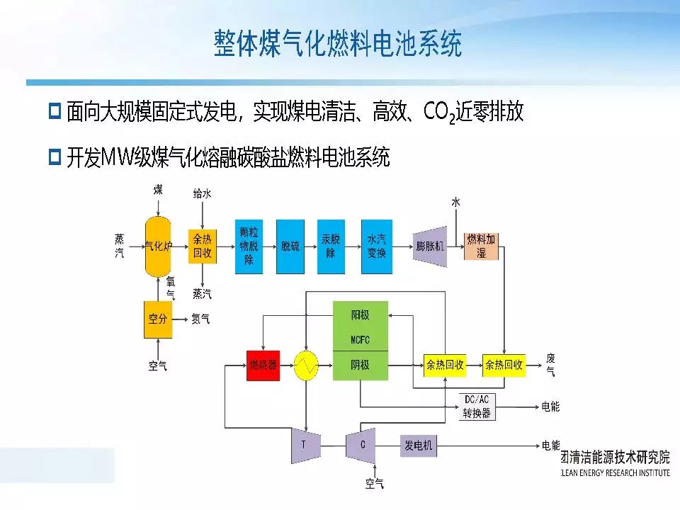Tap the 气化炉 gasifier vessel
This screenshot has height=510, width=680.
coord(159,246)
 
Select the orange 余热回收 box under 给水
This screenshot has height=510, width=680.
coord(203,246)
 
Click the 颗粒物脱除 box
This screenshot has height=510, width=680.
coord(249,246)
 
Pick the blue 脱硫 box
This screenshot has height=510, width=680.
coord(290,246)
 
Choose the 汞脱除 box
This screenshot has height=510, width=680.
coord(331,246)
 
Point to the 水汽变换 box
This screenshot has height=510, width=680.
coord(376,246)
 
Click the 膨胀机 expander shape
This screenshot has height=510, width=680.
coord(430,246)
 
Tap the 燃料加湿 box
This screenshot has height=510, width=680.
coord(482,246)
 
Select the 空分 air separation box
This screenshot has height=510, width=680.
coord(157,319)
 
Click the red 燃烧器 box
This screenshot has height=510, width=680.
coord(263,365)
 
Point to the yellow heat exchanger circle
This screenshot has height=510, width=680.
coord(307,365)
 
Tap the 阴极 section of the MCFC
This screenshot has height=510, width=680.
coord(360,365)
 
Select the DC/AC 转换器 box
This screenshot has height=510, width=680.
coord(476,407)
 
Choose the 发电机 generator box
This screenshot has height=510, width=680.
coord(419,446)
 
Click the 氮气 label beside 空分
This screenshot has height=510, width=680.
coord(200,319)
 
